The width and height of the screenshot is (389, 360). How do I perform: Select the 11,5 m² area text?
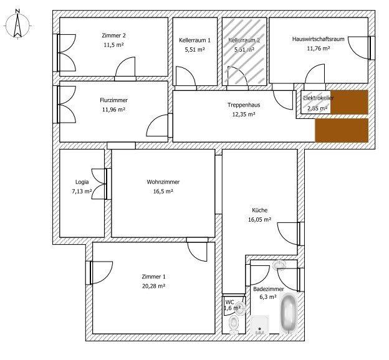(113, 45)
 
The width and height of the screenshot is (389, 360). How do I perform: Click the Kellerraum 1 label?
(194, 39)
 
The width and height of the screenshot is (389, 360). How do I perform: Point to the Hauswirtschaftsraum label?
(319, 39)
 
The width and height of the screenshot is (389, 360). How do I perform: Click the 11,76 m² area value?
(319, 49)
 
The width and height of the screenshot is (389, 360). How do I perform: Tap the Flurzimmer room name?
(113, 100)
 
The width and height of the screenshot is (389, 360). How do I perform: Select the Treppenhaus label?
(244, 105)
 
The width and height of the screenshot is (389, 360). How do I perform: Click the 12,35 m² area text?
(244, 115)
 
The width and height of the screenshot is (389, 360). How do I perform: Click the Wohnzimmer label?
(163, 182)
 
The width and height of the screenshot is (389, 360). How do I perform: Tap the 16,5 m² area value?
(163, 191)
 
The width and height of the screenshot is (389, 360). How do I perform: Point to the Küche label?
(260, 210)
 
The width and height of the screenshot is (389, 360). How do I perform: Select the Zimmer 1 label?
(153, 277)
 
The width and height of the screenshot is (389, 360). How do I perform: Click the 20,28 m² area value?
(153, 286)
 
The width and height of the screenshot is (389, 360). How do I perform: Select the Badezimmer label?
(269, 290)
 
